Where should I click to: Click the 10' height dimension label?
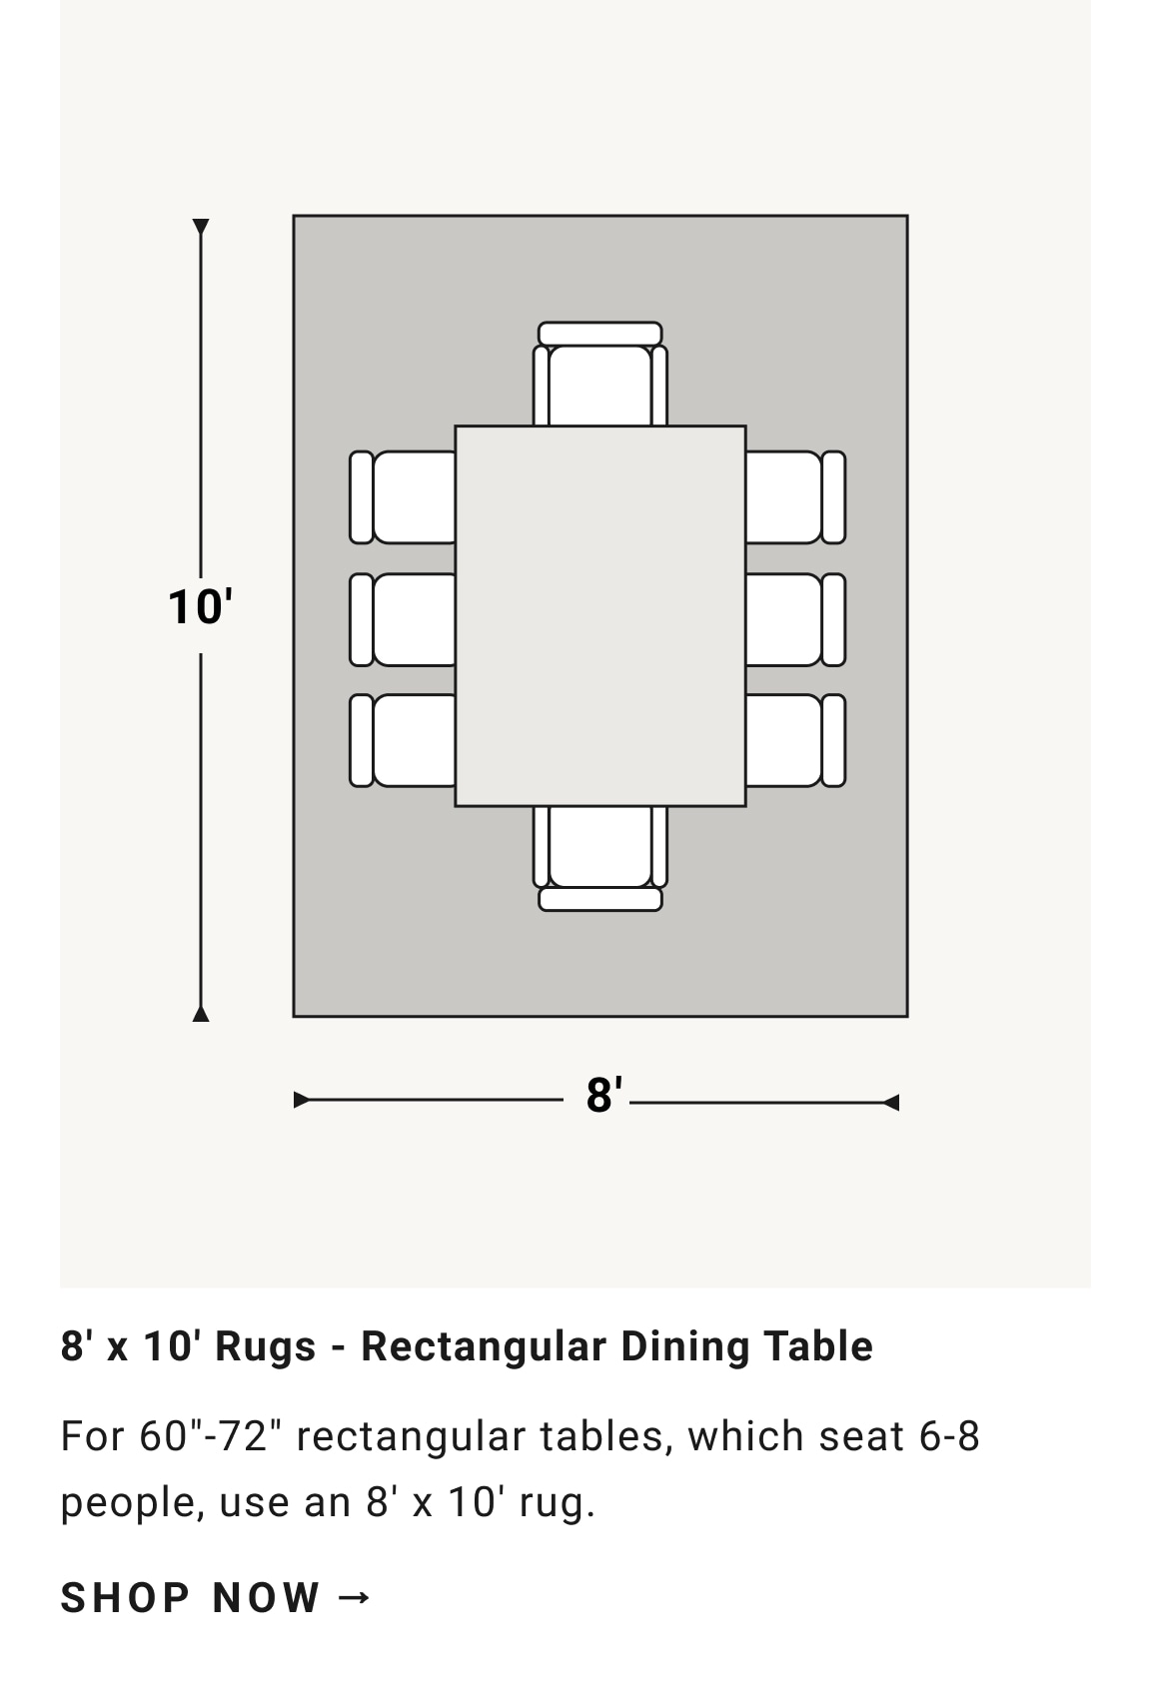tap(200, 607)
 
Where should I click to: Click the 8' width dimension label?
tap(603, 1096)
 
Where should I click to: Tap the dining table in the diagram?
tap(600, 616)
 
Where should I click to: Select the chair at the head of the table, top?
tap(600, 374)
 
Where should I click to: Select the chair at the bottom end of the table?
tap(600, 859)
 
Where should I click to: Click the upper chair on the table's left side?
tap(403, 497)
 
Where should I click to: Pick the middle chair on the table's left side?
tap(403, 619)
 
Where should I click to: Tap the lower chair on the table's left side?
tap(403, 740)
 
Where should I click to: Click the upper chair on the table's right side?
tap(795, 497)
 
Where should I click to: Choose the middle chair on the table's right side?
tap(795, 619)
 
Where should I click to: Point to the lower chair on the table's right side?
tap(795, 740)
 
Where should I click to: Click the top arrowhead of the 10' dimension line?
tap(201, 227)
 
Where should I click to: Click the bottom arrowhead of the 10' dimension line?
tap(201, 1014)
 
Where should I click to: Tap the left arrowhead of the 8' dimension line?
tap(302, 1100)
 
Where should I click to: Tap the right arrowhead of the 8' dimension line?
tap(891, 1103)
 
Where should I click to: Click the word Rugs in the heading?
tap(266, 1345)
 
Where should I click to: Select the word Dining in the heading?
tap(684, 1346)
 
